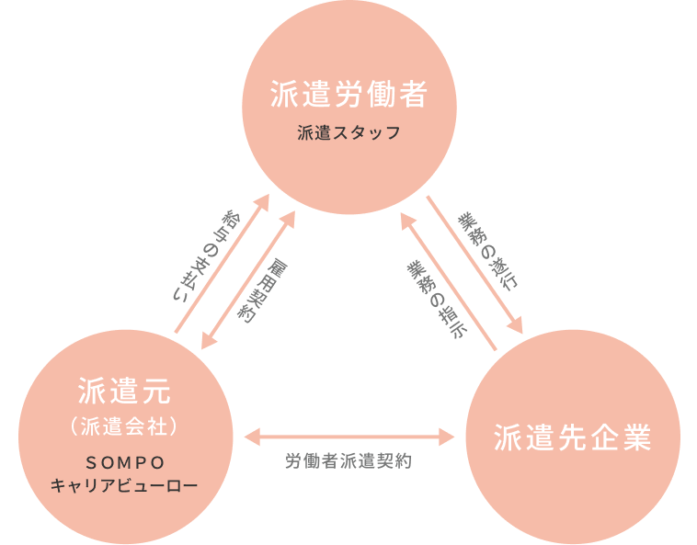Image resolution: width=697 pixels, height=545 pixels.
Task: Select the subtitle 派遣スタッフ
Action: pos(348,133)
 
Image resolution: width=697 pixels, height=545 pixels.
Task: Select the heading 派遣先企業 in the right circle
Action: pos(572,437)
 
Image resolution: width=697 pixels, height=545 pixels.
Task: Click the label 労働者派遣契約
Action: pos(348,461)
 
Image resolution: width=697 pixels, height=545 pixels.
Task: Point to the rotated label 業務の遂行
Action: pos(487,251)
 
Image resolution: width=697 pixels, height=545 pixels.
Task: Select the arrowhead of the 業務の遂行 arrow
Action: pos(517,327)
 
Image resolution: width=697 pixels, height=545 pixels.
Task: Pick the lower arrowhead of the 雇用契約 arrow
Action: pos(210,344)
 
